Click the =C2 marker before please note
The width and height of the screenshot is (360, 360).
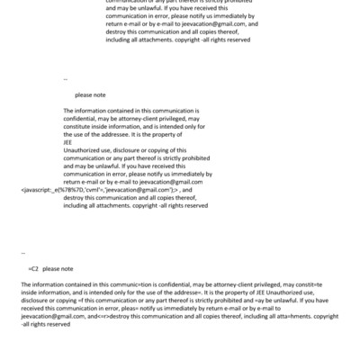pos(33,269)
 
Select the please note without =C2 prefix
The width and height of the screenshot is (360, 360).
pos(90,93)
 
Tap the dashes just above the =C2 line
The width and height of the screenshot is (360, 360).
pos(23,254)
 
